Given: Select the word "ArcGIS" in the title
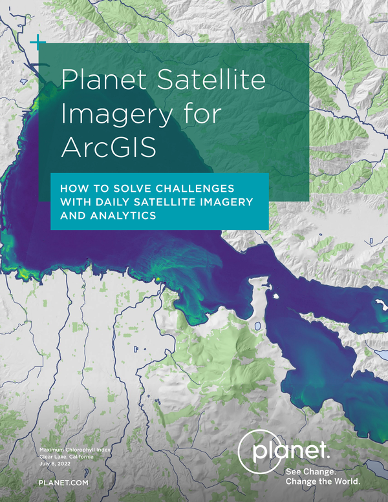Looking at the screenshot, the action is [109, 147].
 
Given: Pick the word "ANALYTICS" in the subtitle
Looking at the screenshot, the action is [123, 215].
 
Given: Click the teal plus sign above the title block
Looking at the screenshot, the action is [38, 42].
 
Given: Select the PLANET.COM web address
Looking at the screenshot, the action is [63, 483].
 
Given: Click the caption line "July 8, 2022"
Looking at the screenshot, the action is [55, 464].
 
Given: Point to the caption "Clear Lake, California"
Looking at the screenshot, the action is [67, 457].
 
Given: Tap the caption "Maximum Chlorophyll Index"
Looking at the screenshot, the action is [75, 450].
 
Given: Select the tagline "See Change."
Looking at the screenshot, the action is [311, 472].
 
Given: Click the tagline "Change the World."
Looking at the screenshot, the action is [323, 481].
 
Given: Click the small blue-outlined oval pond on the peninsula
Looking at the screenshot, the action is [257, 326].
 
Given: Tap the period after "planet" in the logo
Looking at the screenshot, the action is [328, 457].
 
